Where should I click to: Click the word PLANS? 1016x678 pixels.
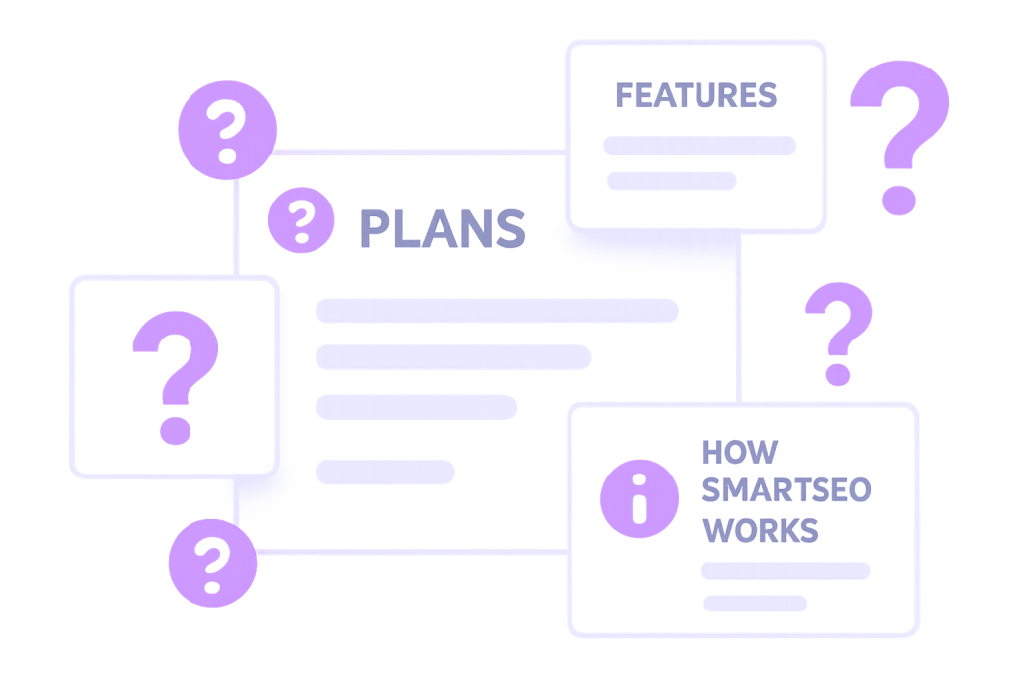pyautogui.click(x=442, y=229)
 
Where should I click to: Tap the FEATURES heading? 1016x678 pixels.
pyautogui.click(x=696, y=95)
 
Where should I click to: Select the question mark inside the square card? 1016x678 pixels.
pyautogui.click(x=175, y=376)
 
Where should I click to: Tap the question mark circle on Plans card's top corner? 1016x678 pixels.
pyautogui.click(x=227, y=130)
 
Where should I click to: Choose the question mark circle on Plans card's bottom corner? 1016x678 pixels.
pyautogui.click(x=210, y=562)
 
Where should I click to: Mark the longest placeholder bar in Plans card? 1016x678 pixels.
pyautogui.click(x=496, y=310)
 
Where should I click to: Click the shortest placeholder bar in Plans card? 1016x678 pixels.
pyautogui.click(x=385, y=472)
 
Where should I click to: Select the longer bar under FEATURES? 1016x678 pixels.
pyautogui.click(x=699, y=145)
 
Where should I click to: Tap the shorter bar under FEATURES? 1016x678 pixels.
pyautogui.click(x=672, y=180)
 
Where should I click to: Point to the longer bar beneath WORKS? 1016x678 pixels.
pyautogui.click(x=786, y=571)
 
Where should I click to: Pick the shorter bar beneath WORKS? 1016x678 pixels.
pyautogui.click(x=755, y=603)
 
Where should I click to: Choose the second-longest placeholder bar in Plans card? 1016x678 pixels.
pyautogui.click(x=453, y=357)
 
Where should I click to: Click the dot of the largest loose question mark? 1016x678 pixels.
pyautogui.click(x=899, y=197)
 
